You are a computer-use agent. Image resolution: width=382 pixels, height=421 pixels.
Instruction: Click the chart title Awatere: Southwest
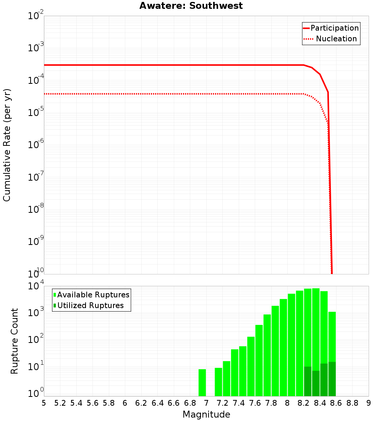tap(191, 6)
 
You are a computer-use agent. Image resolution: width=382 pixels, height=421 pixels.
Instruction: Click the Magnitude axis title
tap(206, 414)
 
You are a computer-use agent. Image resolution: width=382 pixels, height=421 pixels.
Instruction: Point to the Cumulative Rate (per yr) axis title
tap(7, 145)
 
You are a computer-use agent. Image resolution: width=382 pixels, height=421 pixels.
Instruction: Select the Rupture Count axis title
tap(15, 341)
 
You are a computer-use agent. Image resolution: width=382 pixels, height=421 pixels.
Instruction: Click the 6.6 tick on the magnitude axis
tap(174, 403)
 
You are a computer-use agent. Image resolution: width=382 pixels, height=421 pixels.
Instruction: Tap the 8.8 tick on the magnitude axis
tap(353, 403)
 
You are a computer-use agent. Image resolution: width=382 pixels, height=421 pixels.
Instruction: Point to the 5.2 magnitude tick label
tap(60, 403)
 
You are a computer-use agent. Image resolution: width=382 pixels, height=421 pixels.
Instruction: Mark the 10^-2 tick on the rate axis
tap(36, 16)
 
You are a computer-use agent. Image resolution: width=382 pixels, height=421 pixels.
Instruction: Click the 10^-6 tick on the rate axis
tap(36, 145)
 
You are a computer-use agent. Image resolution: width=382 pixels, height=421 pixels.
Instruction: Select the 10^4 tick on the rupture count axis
tap(36, 286)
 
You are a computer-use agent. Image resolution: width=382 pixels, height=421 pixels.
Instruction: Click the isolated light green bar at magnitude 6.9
tap(202, 383)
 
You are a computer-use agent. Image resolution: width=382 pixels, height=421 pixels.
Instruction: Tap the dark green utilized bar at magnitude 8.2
tap(308, 381)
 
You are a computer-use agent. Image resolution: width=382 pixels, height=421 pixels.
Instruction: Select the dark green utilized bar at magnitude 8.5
tap(332, 379)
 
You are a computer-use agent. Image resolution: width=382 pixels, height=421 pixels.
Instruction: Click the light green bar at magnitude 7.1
tap(219, 382)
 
